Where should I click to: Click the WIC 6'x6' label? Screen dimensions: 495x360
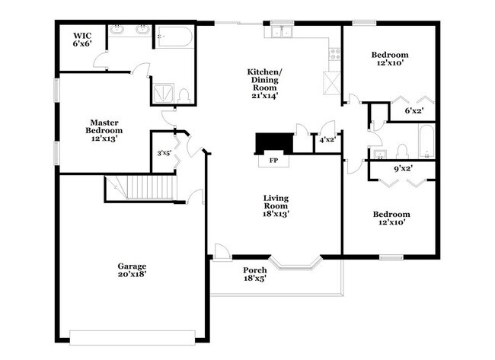point(82,40)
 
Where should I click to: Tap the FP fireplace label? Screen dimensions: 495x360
point(273,161)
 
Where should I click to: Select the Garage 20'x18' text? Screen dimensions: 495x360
point(132,270)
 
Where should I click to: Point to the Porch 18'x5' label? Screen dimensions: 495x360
point(255,274)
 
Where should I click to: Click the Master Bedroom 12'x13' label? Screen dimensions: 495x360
point(104,131)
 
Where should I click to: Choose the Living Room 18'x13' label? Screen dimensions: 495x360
point(276,206)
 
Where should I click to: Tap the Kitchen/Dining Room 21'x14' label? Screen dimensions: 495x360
point(264,84)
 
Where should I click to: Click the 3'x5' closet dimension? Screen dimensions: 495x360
point(164,153)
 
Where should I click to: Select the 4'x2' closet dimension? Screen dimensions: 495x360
point(327,139)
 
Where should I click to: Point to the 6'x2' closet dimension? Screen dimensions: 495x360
point(414,110)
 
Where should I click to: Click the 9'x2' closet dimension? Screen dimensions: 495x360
point(404,168)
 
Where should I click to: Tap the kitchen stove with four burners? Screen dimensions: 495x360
point(334,54)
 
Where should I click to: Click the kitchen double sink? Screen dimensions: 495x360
point(283,31)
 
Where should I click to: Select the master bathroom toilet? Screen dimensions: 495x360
point(184,96)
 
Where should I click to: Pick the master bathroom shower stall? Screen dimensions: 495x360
point(163,93)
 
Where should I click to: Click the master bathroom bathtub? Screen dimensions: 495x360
point(174,37)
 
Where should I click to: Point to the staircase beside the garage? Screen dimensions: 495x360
point(141,188)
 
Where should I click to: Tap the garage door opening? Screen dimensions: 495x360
point(133,338)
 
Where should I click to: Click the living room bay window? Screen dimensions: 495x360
point(296,264)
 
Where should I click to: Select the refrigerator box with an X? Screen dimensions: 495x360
point(332,83)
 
